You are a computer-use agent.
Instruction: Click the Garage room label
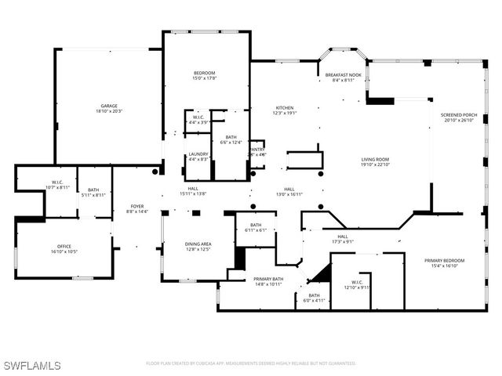pos(108,106)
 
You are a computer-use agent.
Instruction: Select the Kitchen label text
pos(284,108)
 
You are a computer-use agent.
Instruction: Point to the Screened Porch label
pos(460,115)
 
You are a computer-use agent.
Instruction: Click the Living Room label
pos(375,159)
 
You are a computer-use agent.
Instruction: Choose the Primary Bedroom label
pos(444,260)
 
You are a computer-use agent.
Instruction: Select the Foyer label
pos(136,207)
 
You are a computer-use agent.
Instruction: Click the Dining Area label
pos(198,244)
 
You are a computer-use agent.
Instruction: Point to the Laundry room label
pos(198,154)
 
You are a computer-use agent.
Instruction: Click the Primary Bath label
pos(267,279)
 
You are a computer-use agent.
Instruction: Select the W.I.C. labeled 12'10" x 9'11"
pos(356,283)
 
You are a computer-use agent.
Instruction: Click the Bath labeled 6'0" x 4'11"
pos(314,295)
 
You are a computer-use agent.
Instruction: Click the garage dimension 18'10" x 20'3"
pos(108,111)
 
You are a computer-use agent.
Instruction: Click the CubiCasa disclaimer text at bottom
pos(251,363)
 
